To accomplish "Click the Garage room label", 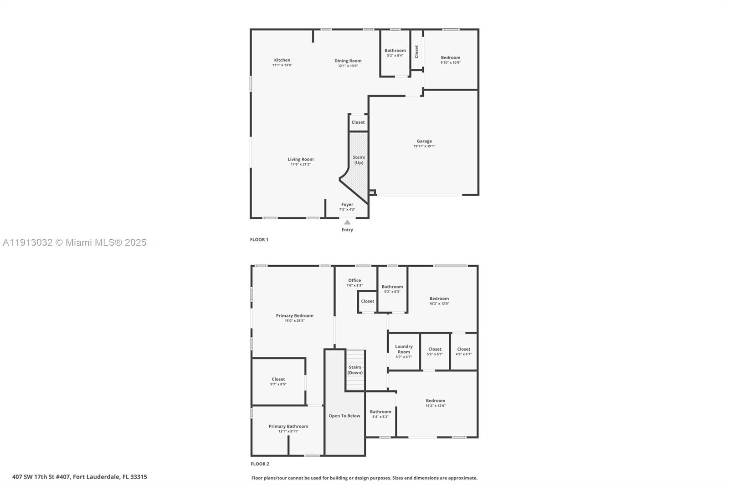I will click(424, 141).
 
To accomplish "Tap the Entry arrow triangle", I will click(347, 222).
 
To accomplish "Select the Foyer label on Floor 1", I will click(347, 205).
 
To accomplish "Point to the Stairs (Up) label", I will click(359, 160).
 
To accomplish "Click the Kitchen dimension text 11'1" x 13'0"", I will click(282, 65).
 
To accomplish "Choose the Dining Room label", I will click(348, 61).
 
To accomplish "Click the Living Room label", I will click(300, 159).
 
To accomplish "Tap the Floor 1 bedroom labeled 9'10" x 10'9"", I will click(450, 60).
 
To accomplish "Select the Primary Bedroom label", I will click(294, 315).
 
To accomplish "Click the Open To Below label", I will click(344, 416).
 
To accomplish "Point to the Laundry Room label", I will click(404, 349).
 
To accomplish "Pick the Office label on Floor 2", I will click(354, 280).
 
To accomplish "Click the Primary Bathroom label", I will click(288, 426).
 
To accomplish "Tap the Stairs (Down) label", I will click(355, 370).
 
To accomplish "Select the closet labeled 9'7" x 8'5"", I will click(278, 381).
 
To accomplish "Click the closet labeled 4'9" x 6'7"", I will click(463, 351).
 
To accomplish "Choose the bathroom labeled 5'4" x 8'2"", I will click(380, 414).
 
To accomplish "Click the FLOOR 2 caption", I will click(260, 464).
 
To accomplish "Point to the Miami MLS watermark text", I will click(75, 242).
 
